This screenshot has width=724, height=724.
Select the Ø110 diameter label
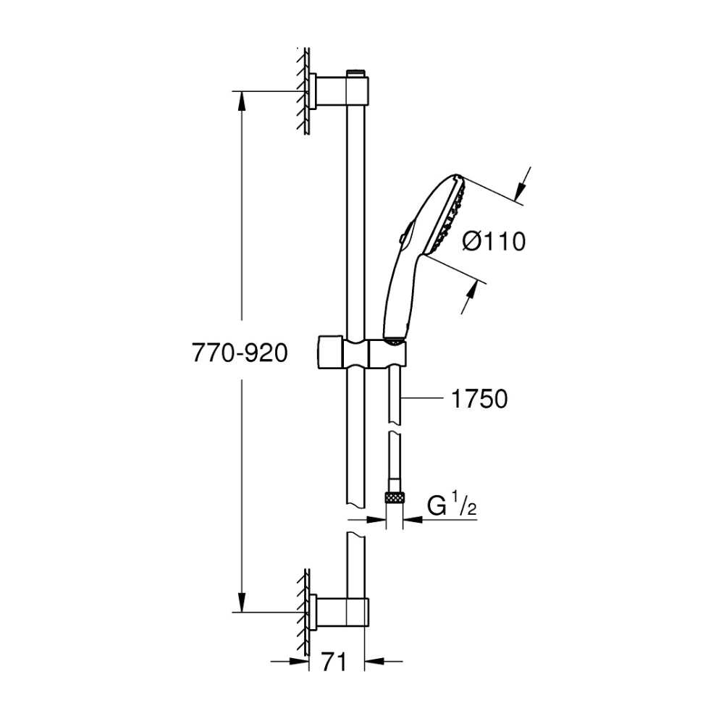click(x=494, y=242)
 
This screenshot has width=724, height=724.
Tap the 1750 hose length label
click(x=479, y=399)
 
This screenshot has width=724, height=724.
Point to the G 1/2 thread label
click(x=452, y=506)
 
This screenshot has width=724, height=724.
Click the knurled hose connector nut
click(x=395, y=498)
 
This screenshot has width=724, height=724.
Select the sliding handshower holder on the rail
click(x=362, y=353)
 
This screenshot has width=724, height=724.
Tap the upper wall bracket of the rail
click(x=339, y=91)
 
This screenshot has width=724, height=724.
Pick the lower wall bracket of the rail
click(x=339, y=613)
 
